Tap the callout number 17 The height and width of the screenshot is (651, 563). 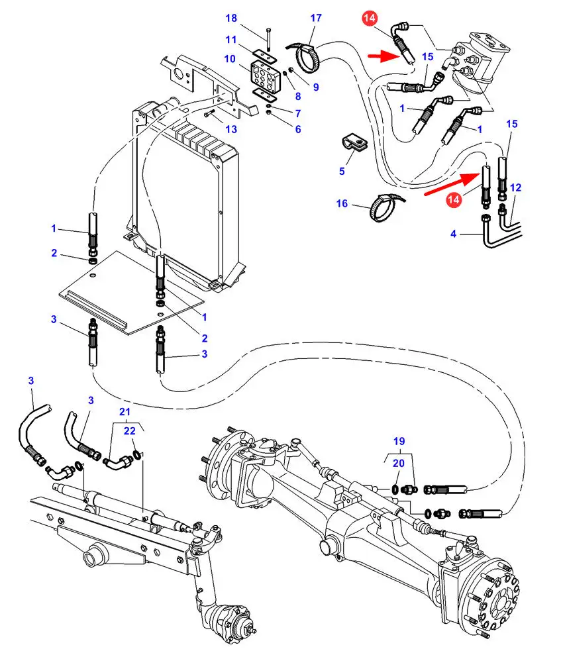coord(316,19)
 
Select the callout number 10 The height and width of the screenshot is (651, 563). coord(230,59)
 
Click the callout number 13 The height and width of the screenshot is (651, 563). coord(230,128)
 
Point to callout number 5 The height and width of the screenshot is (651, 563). coord(342,172)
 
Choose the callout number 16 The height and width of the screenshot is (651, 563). coord(342,204)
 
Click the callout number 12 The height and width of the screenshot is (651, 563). coord(516,188)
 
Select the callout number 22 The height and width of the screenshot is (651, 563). coord(130,431)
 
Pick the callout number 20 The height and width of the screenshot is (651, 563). coord(398,464)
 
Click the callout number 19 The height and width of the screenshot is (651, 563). coord(398,441)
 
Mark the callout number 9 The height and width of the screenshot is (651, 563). coord(316,87)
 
